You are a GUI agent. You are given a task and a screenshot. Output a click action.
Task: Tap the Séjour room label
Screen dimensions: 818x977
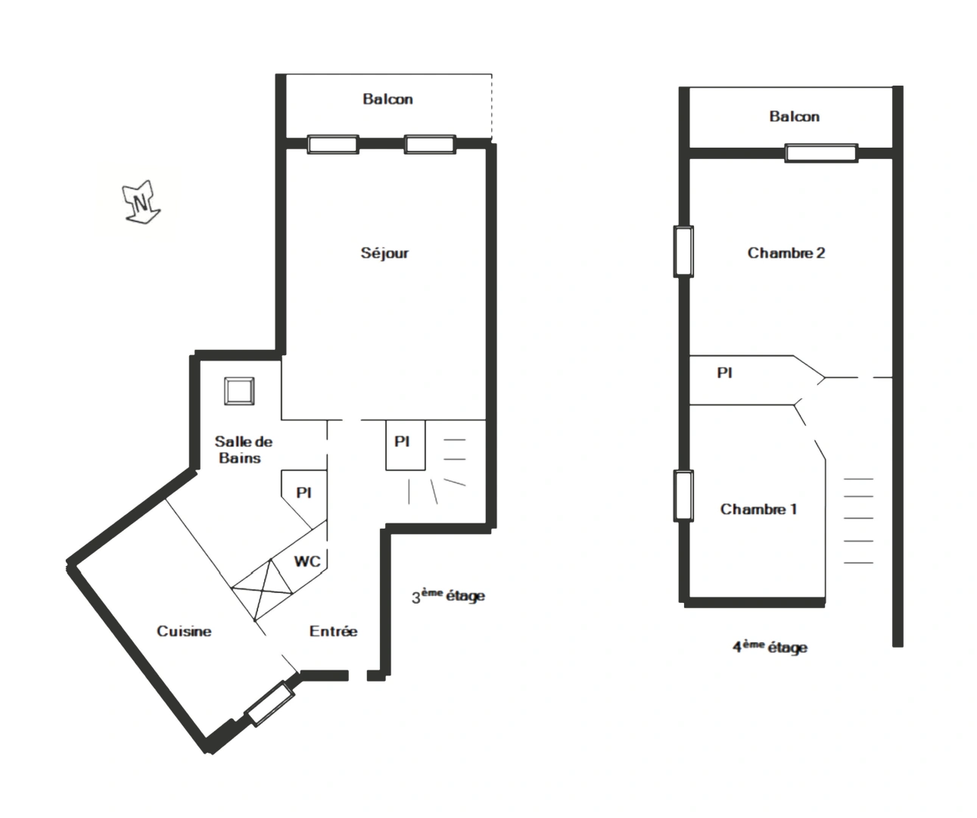pos(384,253)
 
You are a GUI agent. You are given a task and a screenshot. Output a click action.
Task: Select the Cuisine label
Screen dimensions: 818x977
pos(184,631)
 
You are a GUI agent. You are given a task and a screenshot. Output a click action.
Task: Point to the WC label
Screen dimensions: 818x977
pos(307,561)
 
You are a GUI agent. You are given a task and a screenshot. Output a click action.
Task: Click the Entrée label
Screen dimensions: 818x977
pos(333,631)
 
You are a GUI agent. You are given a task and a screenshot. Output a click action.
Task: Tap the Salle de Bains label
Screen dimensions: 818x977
pos(243,450)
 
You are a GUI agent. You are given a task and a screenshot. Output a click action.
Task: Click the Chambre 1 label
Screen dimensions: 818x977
pos(758,509)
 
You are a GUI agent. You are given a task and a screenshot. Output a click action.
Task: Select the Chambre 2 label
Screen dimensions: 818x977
pos(786,253)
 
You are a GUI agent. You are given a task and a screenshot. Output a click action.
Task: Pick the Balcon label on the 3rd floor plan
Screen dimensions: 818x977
pos(387,99)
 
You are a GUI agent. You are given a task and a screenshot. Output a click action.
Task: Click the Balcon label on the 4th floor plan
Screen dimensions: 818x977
pos(794,117)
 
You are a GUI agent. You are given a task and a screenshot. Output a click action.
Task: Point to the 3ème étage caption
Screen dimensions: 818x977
pos(448,596)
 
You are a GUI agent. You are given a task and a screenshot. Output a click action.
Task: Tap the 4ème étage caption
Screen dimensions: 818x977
pos(770,647)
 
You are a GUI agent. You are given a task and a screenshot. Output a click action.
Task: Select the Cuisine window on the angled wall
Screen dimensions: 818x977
pos(270,704)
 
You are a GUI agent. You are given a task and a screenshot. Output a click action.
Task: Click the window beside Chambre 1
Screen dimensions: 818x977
pos(683,495)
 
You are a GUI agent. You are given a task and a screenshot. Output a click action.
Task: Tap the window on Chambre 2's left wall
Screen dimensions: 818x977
pos(683,251)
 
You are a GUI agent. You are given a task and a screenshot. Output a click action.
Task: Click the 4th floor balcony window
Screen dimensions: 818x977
pos(820,153)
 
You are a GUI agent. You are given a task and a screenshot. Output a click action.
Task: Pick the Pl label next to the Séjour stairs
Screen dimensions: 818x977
pos(402,441)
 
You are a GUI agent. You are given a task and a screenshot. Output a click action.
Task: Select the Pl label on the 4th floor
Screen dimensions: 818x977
pos(724,373)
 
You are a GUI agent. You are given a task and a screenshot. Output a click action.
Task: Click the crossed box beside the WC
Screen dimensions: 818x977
pos(261,589)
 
